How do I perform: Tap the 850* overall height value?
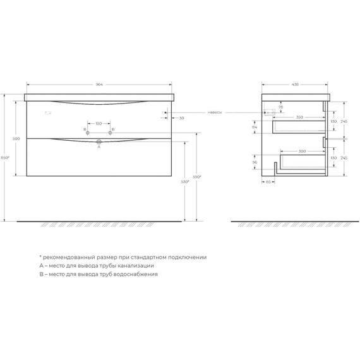pos(6,157)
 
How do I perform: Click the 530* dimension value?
pos(185,181)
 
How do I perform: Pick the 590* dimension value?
pos(197,177)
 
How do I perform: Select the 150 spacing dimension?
pos(99,124)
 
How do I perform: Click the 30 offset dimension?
pos(181,118)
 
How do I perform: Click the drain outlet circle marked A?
pos(99,143)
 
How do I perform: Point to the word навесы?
pos(215,113)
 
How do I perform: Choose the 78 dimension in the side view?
pos(281,107)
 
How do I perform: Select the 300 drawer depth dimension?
pos(302,152)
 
